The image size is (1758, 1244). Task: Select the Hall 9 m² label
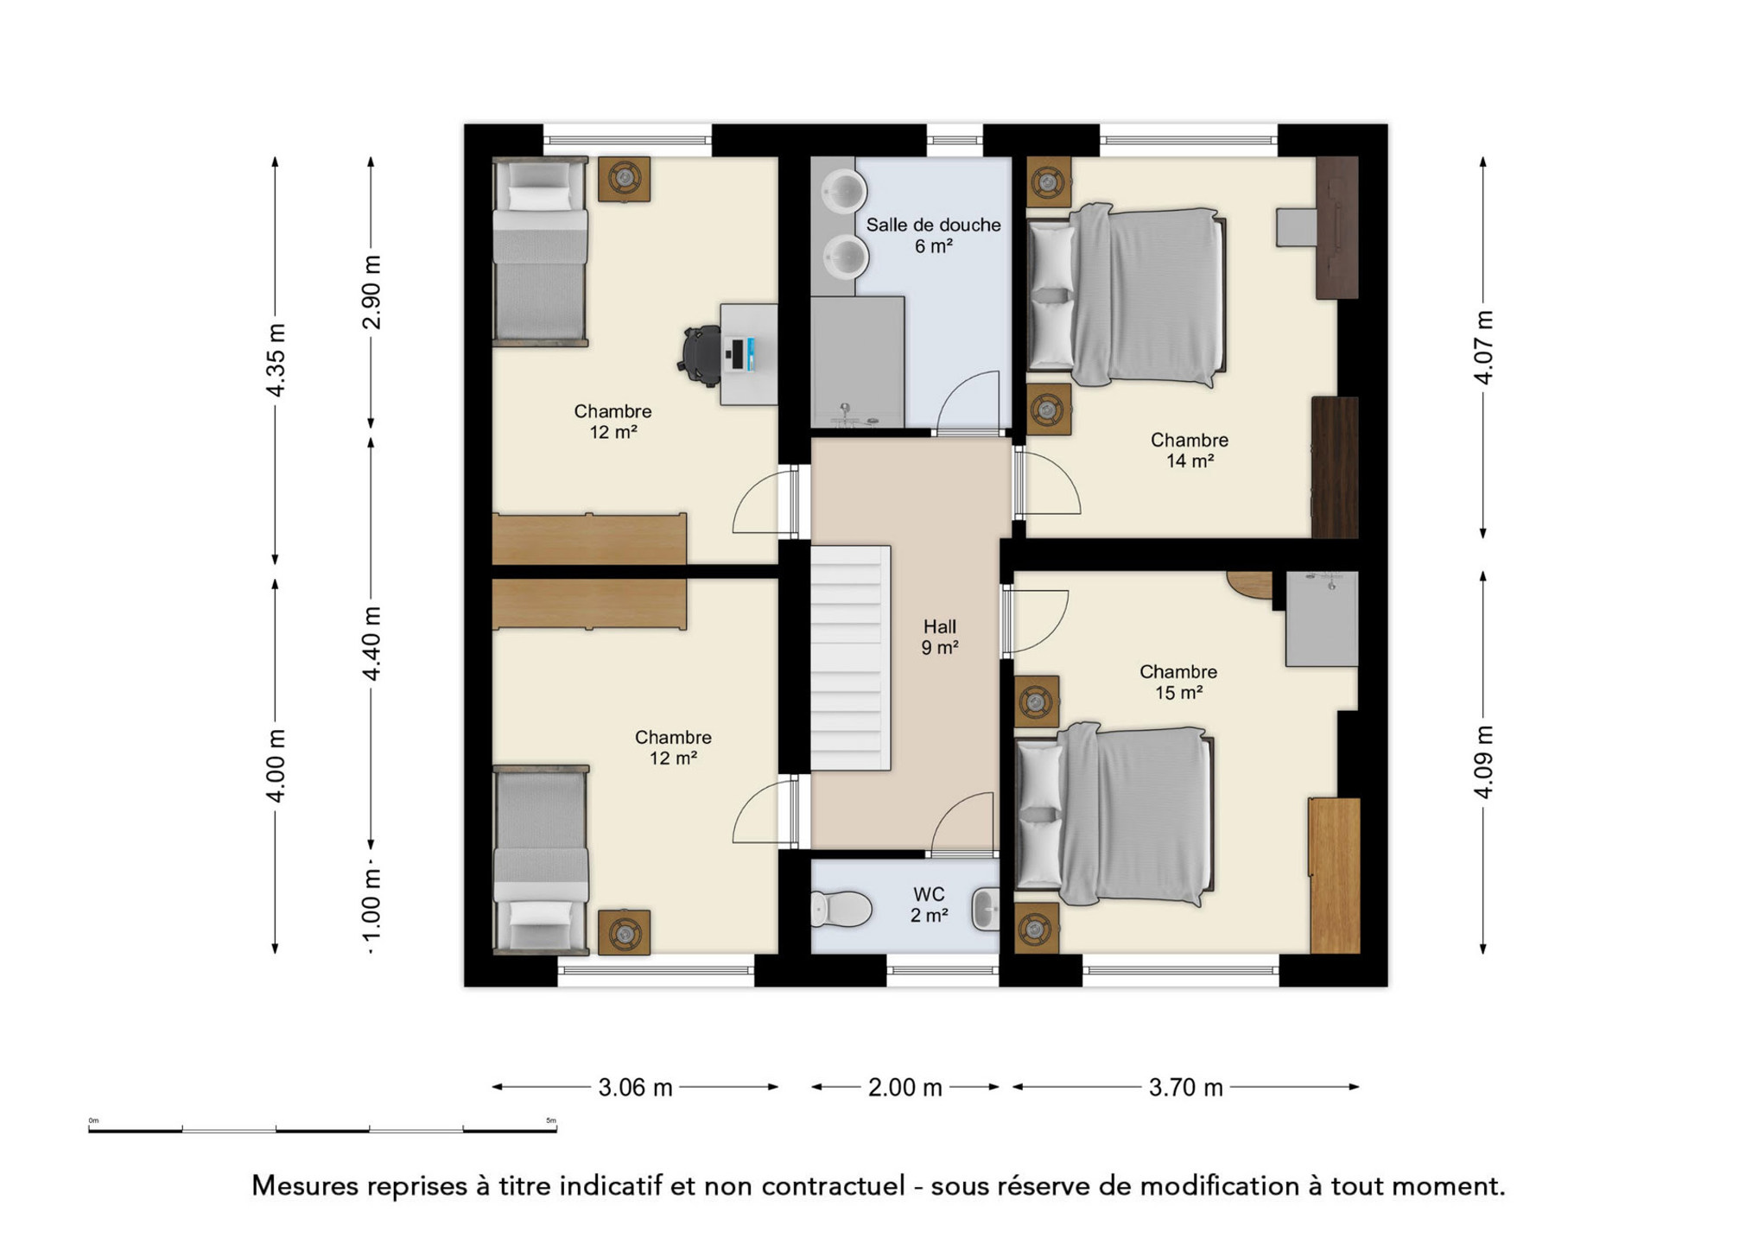939,637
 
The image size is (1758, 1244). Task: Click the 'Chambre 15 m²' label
1178,682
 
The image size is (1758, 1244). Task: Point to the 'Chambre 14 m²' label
1189,450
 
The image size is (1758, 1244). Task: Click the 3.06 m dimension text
635,1088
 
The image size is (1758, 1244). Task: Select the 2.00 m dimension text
904,1088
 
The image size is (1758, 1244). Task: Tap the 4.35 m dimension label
276,360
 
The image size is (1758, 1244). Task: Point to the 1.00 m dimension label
371,907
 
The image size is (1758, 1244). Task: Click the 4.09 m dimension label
1483,762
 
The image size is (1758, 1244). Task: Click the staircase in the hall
850,657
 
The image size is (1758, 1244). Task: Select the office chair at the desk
700,353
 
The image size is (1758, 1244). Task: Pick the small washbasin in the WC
986,909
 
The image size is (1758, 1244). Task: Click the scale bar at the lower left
322,1129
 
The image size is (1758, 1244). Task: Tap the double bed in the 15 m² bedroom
1114,815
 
